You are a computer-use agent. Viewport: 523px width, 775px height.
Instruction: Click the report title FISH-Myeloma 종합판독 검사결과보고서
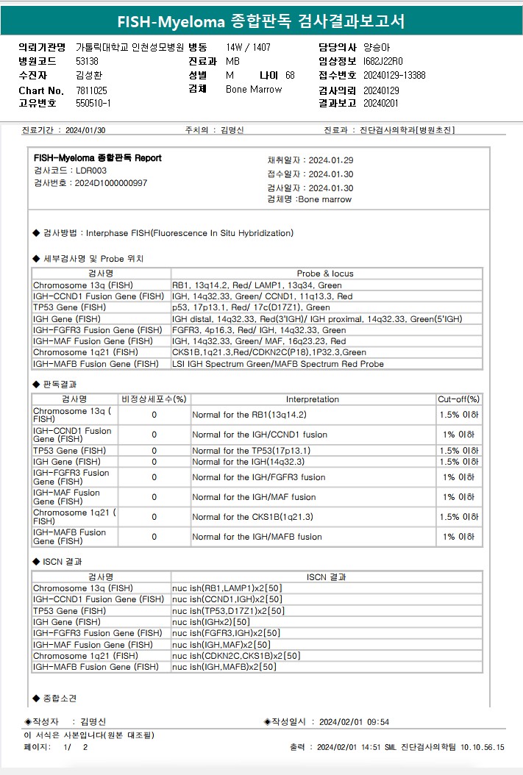click(261, 21)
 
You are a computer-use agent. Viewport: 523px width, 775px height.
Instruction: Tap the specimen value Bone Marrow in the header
click(254, 90)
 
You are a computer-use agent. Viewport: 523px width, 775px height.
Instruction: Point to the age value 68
click(290, 76)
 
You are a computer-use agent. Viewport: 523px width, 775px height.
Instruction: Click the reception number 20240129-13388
click(394, 76)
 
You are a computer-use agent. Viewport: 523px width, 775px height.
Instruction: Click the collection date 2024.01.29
click(331, 160)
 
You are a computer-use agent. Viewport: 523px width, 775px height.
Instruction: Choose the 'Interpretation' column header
click(312, 399)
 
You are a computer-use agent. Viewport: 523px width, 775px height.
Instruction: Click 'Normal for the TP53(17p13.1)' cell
click(251, 451)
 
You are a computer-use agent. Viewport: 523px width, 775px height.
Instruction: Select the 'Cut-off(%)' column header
click(458, 399)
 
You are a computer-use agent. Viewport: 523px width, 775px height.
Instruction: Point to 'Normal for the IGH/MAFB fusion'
click(257, 537)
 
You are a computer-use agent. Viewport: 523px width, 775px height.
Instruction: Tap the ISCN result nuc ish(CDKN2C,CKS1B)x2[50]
click(236, 656)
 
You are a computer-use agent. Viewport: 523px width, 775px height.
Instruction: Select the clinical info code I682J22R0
click(383, 61)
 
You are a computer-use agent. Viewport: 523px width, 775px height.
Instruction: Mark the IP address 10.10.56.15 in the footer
click(483, 748)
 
